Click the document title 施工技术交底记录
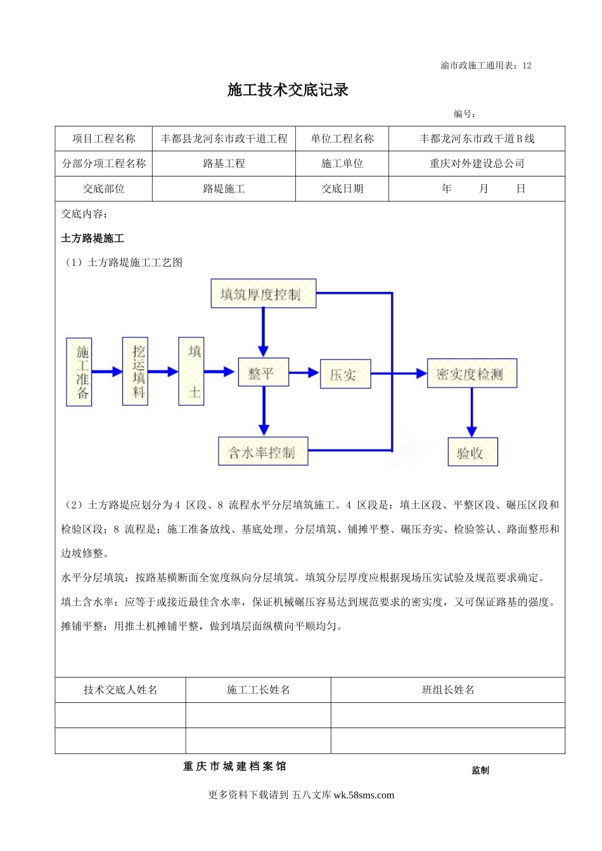click(288, 90)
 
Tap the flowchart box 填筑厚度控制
click(263, 294)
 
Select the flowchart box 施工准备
click(79, 372)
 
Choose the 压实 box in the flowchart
click(345, 374)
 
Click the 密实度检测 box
click(471, 374)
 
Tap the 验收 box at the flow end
click(472, 452)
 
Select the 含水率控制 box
click(263, 451)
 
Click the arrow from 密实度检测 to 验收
click(471, 412)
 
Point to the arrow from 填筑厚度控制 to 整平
click(263, 332)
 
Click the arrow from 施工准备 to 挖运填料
click(107, 372)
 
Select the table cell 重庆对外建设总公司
click(477, 163)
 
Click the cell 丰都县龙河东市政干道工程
click(224, 139)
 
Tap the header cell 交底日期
click(342, 189)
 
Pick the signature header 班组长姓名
click(448, 690)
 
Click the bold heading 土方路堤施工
click(93, 239)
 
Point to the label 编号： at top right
click(464, 115)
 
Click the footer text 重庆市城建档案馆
click(234, 766)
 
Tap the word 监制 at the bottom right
click(480, 770)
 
